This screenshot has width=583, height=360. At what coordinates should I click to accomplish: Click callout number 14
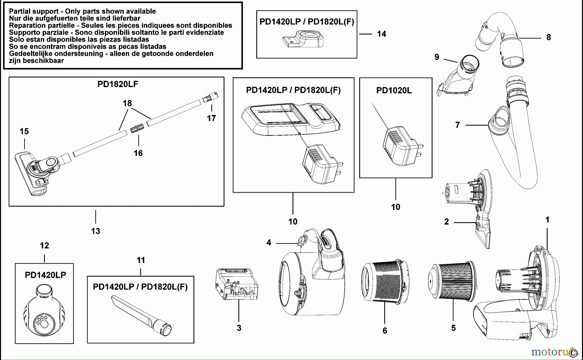point(382,34)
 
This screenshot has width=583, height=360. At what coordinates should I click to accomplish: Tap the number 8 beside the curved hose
point(548,38)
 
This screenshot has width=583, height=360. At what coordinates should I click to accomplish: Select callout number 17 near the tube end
point(211,118)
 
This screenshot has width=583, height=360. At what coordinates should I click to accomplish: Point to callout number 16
point(138,153)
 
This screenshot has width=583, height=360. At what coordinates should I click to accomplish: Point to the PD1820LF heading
point(118,84)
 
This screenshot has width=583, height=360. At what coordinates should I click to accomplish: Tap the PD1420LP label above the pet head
point(45,275)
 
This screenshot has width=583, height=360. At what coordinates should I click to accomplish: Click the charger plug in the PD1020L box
point(400,147)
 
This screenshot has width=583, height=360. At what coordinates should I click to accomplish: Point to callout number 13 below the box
point(96,231)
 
